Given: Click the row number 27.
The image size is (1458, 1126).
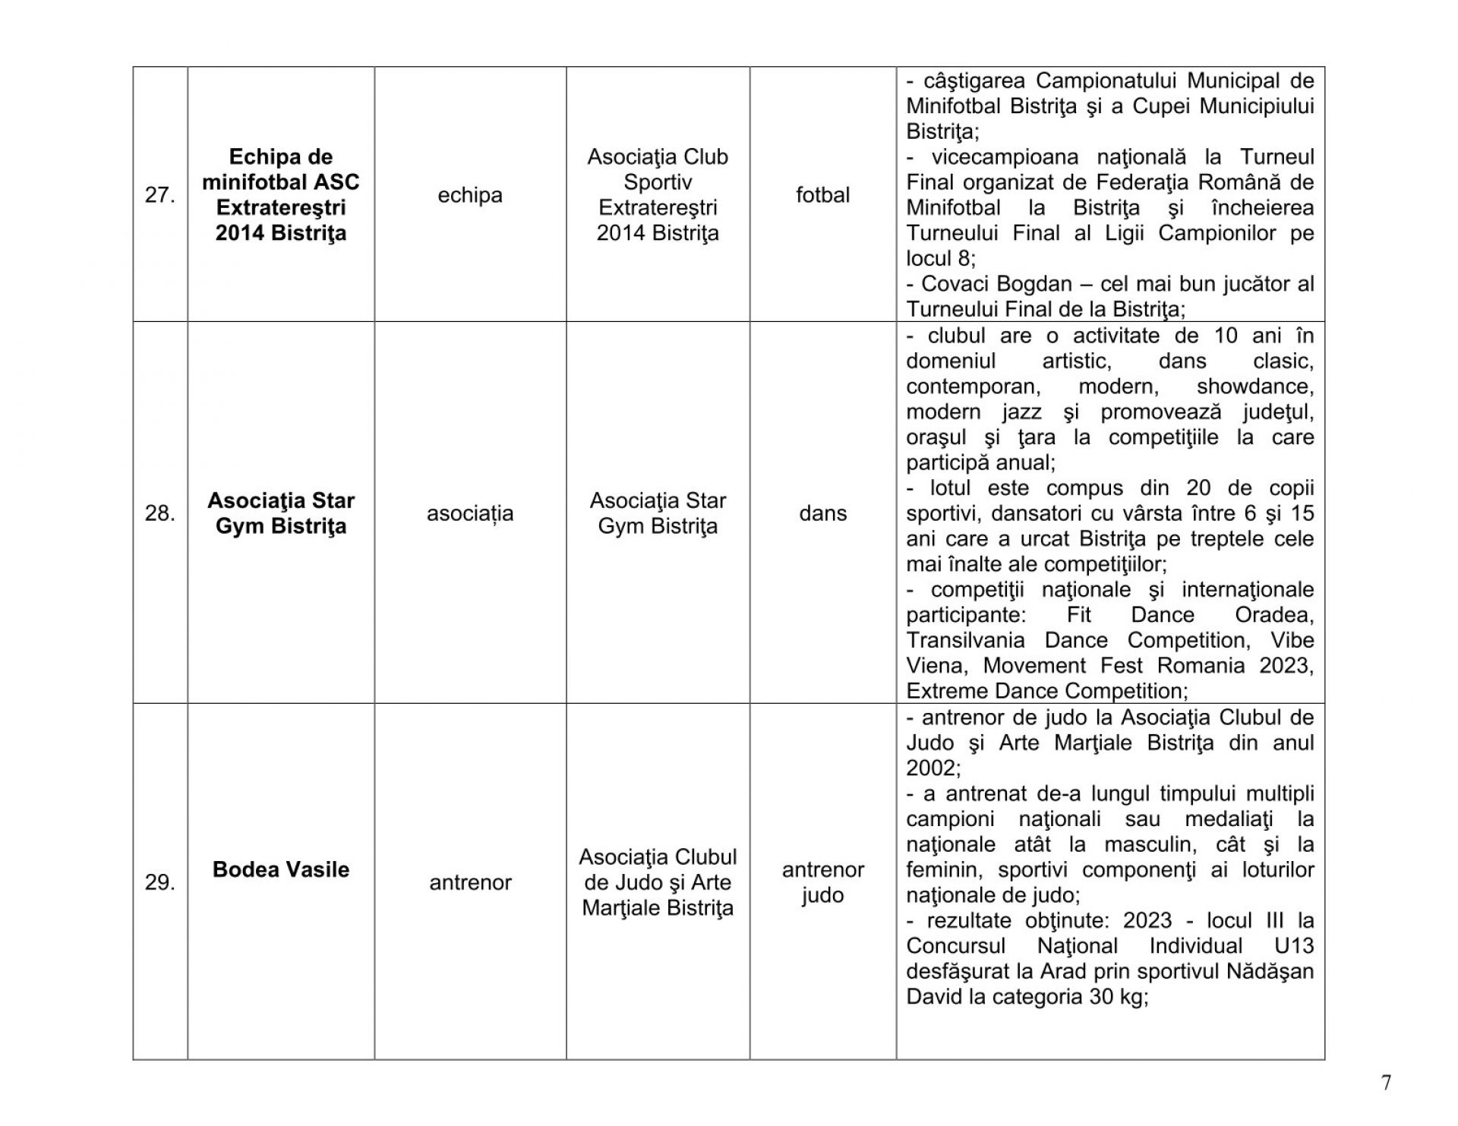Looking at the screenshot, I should click(159, 195).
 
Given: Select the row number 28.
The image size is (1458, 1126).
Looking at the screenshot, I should click(159, 513).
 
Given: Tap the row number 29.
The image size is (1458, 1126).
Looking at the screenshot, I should click(159, 882).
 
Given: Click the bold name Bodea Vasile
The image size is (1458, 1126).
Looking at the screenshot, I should click(281, 869).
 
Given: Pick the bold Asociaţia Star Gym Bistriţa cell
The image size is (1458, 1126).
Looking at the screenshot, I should click(281, 513).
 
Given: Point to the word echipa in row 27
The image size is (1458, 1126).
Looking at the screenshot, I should click(470, 195).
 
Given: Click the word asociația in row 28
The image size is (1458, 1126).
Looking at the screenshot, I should click(470, 513).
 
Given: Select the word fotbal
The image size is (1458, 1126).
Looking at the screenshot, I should click(822, 195).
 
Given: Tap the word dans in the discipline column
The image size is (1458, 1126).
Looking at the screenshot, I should click(822, 513).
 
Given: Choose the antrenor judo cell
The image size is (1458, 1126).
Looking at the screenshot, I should click(822, 882).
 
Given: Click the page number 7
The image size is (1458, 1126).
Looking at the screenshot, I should click(1386, 1083).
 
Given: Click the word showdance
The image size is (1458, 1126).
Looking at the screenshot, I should click(1254, 386).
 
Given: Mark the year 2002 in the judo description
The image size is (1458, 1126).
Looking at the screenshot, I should click(933, 768).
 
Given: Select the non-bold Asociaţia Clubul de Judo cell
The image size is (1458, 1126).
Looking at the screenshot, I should click(658, 882).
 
